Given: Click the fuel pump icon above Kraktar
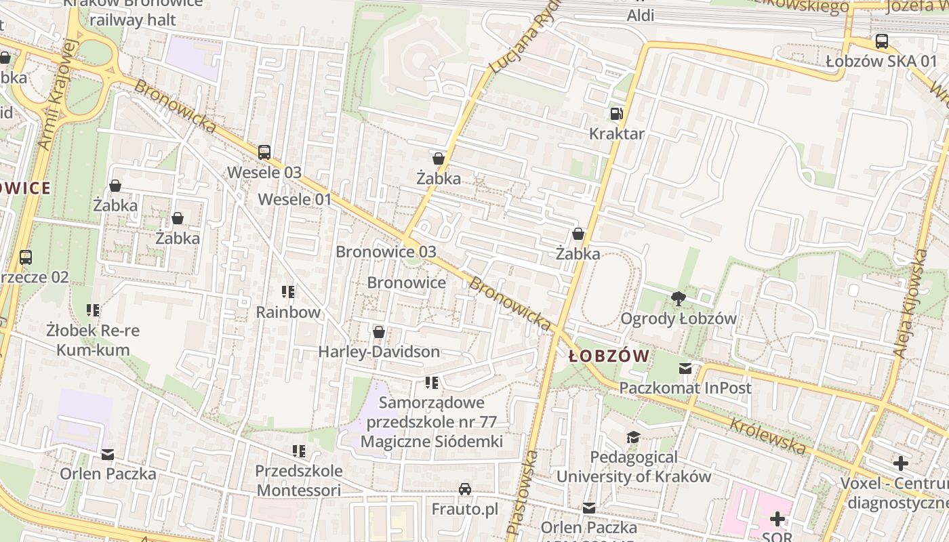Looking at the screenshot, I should (x=616, y=114).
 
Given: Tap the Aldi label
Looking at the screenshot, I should (x=640, y=15).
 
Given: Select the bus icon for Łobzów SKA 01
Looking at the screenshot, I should (x=881, y=41).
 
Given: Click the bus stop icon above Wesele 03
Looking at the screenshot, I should (x=264, y=152).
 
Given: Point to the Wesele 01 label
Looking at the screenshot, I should (x=295, y=199).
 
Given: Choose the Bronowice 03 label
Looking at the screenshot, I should (x=386, y=251).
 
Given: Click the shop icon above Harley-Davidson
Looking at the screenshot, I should (x=379, y=332).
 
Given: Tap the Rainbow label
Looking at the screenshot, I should (x=288, y=312).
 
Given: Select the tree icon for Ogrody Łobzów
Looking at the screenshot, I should (x=677, y=298).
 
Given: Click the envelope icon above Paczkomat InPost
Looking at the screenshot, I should (x=685, y=369).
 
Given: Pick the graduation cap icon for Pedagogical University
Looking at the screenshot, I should (x=633, y=437).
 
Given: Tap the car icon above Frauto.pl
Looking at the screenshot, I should (x=465, y=488).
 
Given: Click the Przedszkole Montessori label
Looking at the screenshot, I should (x=298, y=480).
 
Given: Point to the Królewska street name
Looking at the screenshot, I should (x=767, y=436).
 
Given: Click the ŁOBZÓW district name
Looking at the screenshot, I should (x=609, y=356).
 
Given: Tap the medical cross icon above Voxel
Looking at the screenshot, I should (x=900, y=463).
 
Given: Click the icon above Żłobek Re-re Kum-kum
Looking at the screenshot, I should (x=93, y=310).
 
